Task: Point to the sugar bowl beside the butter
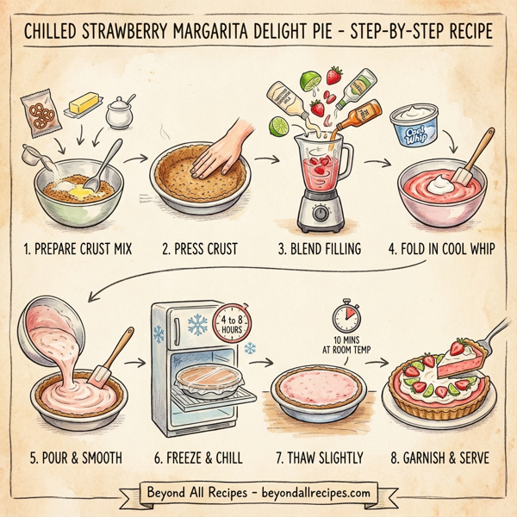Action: point(119,110)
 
